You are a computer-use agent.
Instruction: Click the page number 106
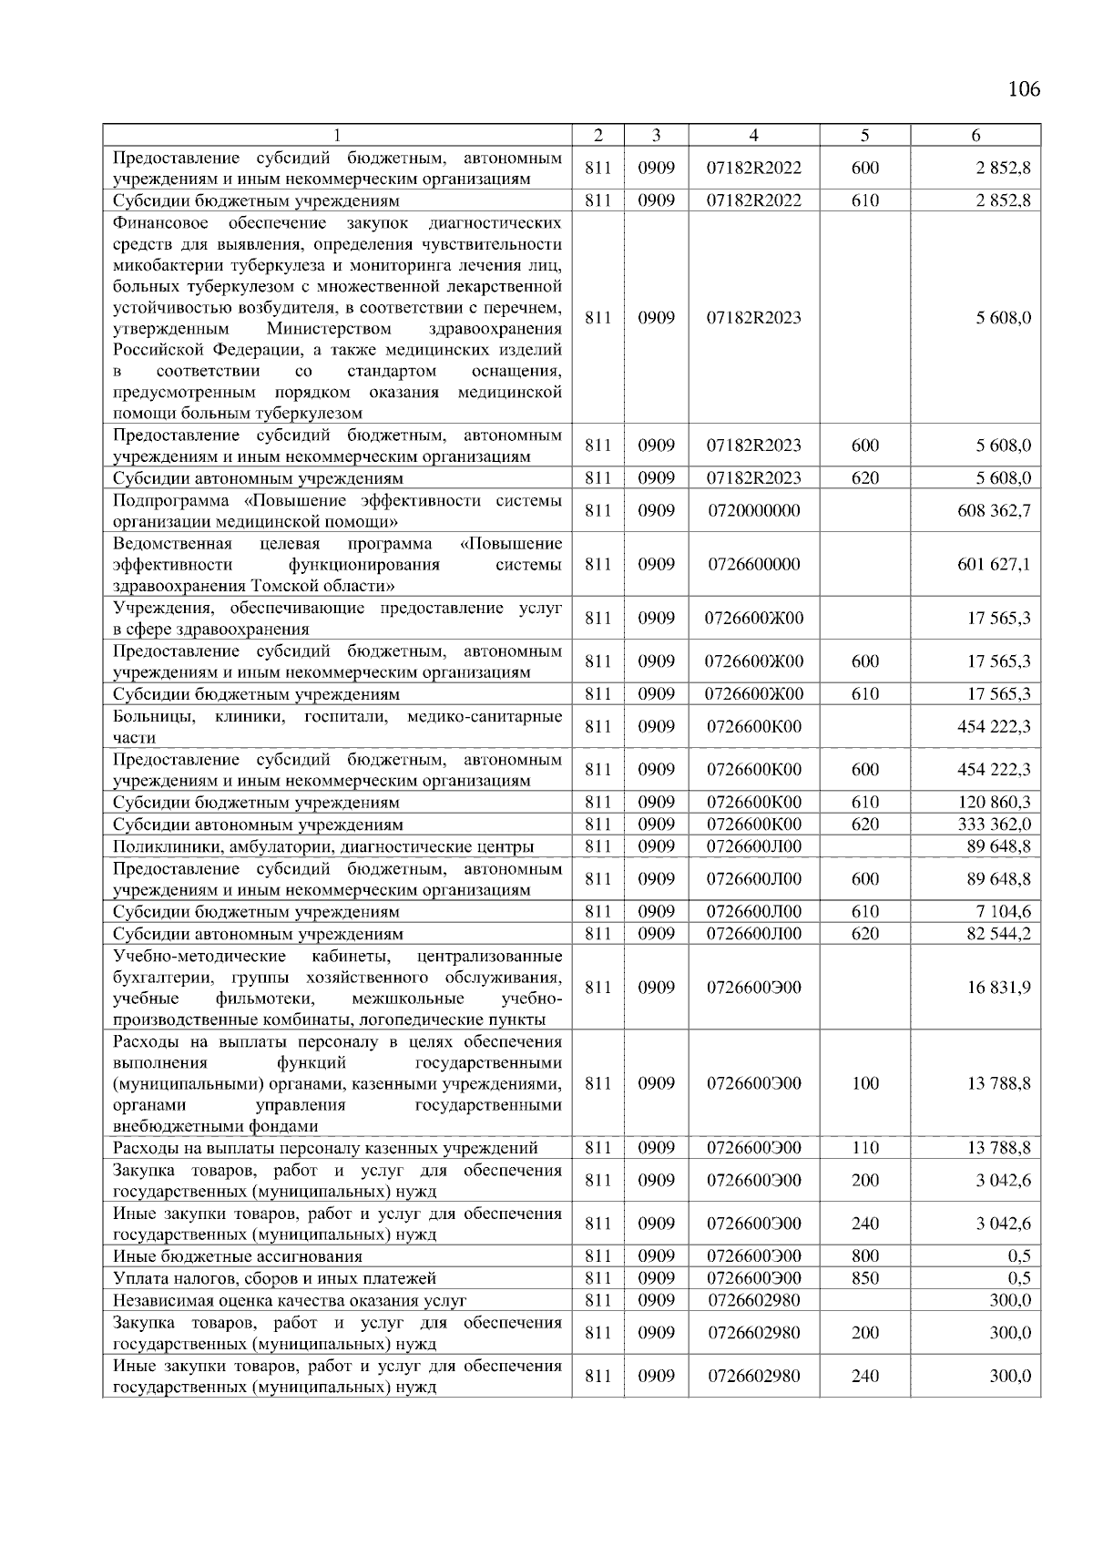(x=1024, y=89)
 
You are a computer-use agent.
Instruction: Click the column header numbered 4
(x=754, y=135)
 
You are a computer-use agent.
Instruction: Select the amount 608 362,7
(x=994, y=511)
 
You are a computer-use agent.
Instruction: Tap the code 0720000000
(x=754, y=511)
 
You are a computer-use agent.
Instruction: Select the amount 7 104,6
(x=1002, y=912)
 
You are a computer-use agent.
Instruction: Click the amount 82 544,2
(x=998, y=934)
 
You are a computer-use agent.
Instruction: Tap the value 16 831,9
(x=998, y=988)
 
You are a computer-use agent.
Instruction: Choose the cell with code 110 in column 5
(x=864, y=1148)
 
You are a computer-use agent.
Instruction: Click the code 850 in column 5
(x=864, y=1278)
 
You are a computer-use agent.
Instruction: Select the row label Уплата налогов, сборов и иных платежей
(x=274, y=1278)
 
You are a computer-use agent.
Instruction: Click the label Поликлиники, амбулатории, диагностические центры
(x=323, y=846)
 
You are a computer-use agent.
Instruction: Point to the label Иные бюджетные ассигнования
(x=237, y=1256)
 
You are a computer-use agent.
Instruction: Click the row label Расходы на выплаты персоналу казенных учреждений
(x=325, y=1148)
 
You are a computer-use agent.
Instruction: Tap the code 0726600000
(x=754, y=565)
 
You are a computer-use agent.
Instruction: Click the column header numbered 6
(x=976, y=135)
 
